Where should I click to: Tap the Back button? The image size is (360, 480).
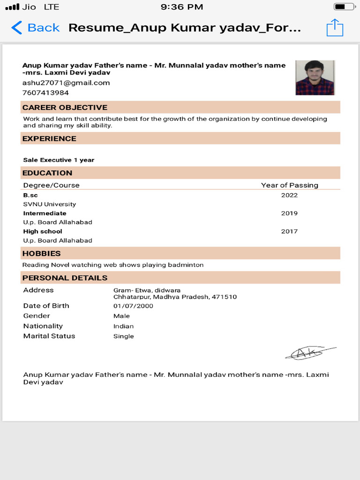(36, 28)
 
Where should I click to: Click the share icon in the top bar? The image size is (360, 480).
(335, 28)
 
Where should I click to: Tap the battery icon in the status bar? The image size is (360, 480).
(344, 7)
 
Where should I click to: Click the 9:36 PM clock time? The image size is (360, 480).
(182, 7)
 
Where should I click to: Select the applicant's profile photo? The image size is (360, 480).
(315, 78)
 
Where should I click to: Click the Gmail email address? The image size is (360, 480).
(66, 83)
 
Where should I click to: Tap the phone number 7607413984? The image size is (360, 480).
(45, 93)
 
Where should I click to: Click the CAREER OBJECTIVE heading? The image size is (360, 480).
(65, 107)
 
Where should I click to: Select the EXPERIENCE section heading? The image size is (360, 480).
(49, 139)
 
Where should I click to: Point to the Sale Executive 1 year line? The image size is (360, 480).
(59, 160)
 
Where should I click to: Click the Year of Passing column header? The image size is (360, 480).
(289, 185)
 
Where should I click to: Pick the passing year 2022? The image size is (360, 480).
(289, 195)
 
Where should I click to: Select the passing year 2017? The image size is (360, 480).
(289, 232)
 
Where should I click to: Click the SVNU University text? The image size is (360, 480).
(49, 204)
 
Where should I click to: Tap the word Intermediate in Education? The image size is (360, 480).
(45, 214)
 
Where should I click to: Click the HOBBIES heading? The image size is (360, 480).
(42, 254)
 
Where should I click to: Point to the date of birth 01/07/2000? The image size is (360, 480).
(133, 306)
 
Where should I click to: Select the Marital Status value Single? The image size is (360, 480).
(123, 337)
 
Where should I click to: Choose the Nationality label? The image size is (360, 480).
(43, 326)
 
